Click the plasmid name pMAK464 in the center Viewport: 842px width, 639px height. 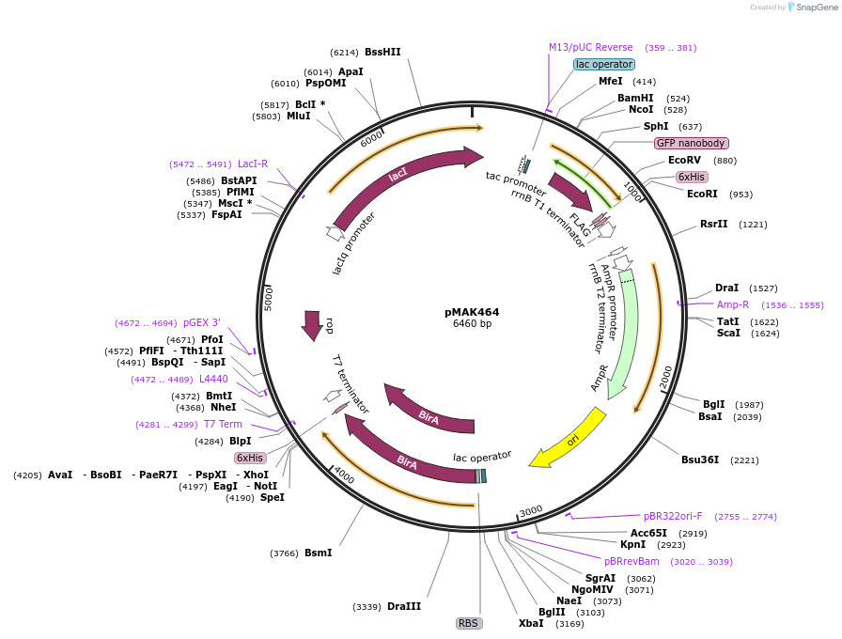472,312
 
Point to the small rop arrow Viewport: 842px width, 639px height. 311,325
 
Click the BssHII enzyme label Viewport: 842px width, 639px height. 382,53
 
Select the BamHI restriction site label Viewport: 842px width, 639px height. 635,98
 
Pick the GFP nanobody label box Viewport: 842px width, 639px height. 691,143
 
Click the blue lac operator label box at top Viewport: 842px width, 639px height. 604,64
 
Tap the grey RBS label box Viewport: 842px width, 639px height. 468,623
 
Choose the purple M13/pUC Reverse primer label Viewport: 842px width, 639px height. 591,47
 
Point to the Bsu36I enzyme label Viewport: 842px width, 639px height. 700,460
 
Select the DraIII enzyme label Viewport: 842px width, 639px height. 404,606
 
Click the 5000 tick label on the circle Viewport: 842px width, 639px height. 270,300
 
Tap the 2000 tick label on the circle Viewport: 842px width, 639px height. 665,376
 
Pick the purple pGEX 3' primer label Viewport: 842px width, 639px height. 202,322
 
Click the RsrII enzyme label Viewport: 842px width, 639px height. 713,224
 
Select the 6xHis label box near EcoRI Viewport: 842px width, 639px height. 692,177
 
